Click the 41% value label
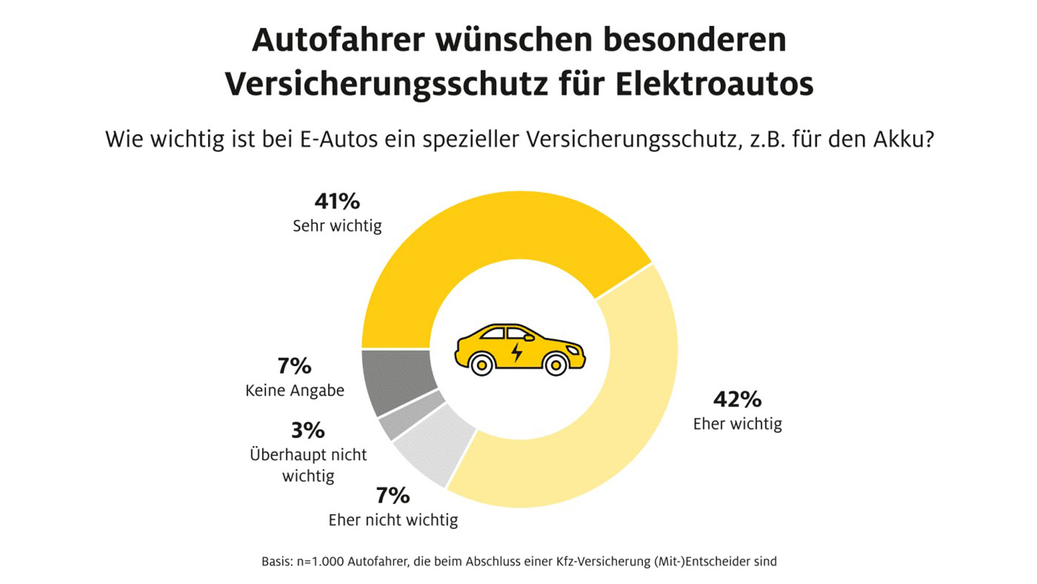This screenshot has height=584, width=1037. point(337,202)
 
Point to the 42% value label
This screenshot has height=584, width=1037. point(737,399)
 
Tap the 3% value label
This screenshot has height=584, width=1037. point(307,430)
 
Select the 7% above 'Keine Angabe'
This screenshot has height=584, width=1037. point(294,366)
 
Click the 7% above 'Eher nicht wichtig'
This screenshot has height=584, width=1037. point(393,495)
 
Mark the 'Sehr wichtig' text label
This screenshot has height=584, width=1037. point(337,226)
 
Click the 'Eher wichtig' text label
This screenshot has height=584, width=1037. point(737,424)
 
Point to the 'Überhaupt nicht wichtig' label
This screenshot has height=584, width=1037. point(308,465)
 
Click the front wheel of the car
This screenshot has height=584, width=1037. point(556,364)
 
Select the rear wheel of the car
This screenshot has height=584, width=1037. point(481,364)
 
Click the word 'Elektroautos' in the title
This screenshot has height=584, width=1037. point(714,84)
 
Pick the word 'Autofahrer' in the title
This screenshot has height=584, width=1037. point(338,40)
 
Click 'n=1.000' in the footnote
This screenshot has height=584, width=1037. point(320,562)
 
